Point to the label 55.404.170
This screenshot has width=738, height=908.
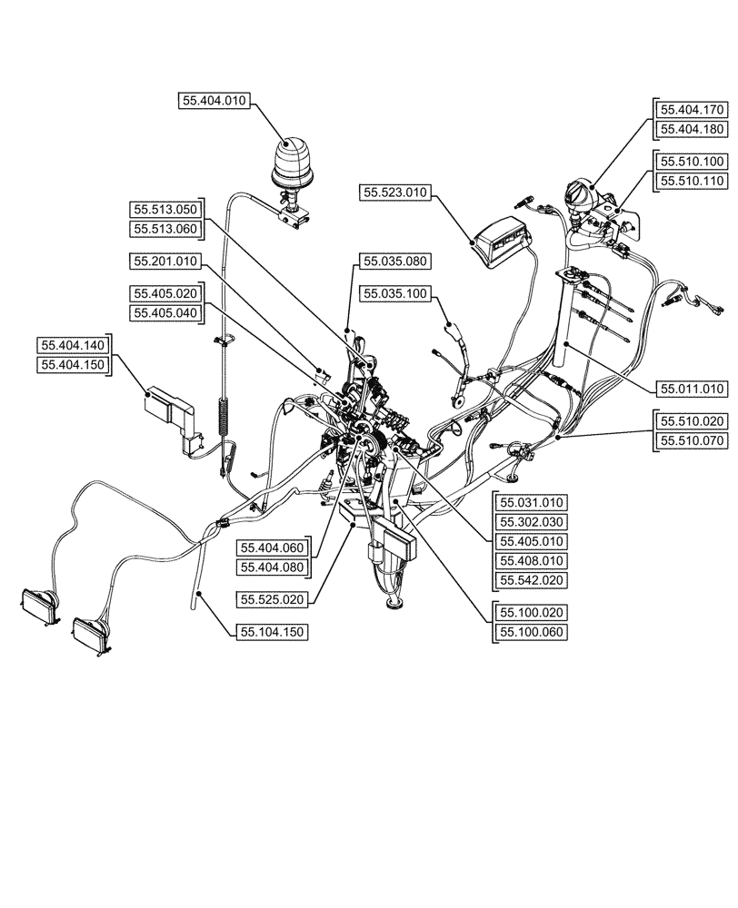(691, 109)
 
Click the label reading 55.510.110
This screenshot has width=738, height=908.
(693, 181)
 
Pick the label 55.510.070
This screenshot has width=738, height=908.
(693, 442)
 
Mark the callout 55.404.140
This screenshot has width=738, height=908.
(74, 345)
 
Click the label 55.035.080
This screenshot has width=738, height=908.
(395, 262)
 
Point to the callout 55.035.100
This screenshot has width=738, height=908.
(395, 293)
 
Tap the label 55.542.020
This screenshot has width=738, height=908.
(530, 579)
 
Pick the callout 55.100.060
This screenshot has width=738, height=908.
(530, 631)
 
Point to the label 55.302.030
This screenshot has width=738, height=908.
(530, 521)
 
